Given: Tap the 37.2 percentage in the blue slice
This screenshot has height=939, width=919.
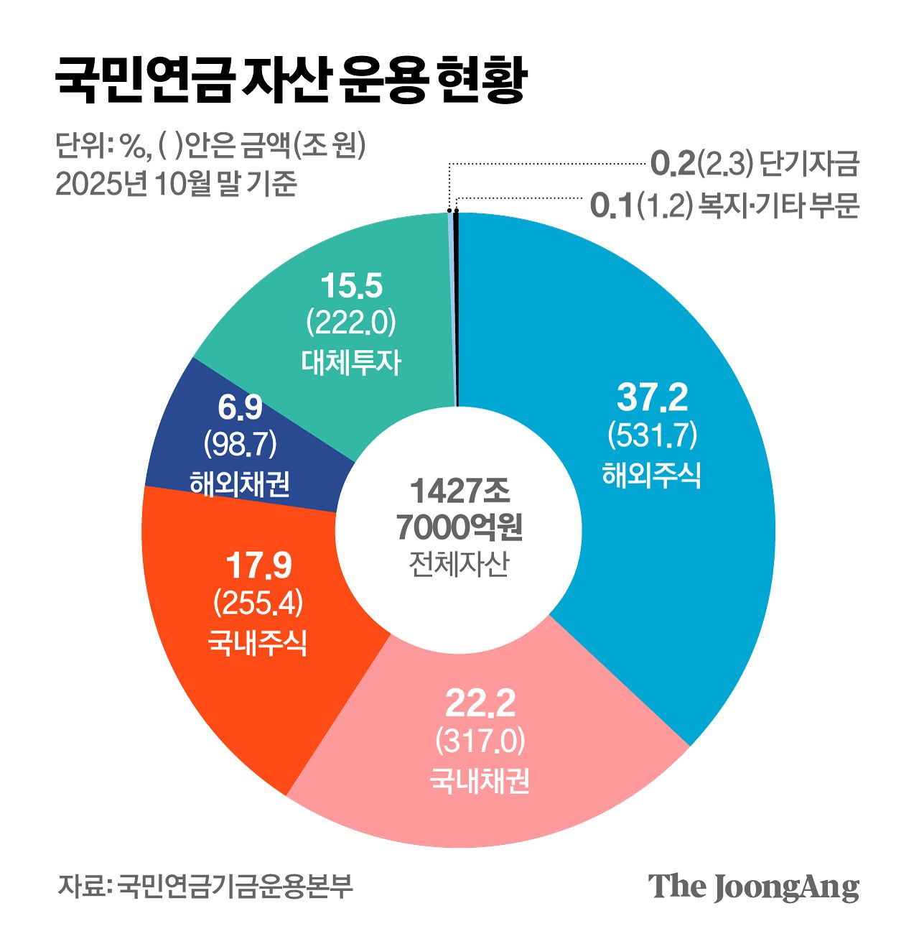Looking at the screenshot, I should pyautogui.click(x=652, y=397).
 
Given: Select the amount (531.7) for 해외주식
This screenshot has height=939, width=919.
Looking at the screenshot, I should pyautogui.click(x=652, y=435).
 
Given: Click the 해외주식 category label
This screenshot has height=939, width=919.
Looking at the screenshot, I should pyautogui.click(x=652, y=475).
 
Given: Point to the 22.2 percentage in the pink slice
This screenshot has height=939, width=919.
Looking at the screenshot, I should pyautogui.click(x=480, y=703).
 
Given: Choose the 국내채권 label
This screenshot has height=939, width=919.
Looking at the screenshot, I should pyautogui.click(x=480, y=780).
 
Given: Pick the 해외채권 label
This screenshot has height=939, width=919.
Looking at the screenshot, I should pyautogui.click(x=240, y=484).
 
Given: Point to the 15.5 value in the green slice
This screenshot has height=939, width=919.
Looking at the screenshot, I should pyautogui.click(x=351, y=286).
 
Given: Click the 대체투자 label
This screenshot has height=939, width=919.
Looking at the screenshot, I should pyautogui.click(x=351, y=362).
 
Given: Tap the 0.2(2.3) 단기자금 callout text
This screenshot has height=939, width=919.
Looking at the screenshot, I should pyautogui.click(x=754, y=165).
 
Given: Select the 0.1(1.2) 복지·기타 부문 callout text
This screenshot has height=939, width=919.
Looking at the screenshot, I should pyautogui.click(x=724, y=205).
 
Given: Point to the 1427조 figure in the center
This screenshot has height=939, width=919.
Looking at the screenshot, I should pyautogui.click(x=459, y=491).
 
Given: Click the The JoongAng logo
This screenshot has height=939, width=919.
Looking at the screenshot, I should pyautogui.click(x=753, y=887).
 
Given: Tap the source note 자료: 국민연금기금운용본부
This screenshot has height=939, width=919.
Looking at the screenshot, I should pyautogui.click(x=205, y=886).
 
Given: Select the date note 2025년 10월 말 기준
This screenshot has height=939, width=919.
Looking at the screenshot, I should pyautogui.click(x=177, y=185).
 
